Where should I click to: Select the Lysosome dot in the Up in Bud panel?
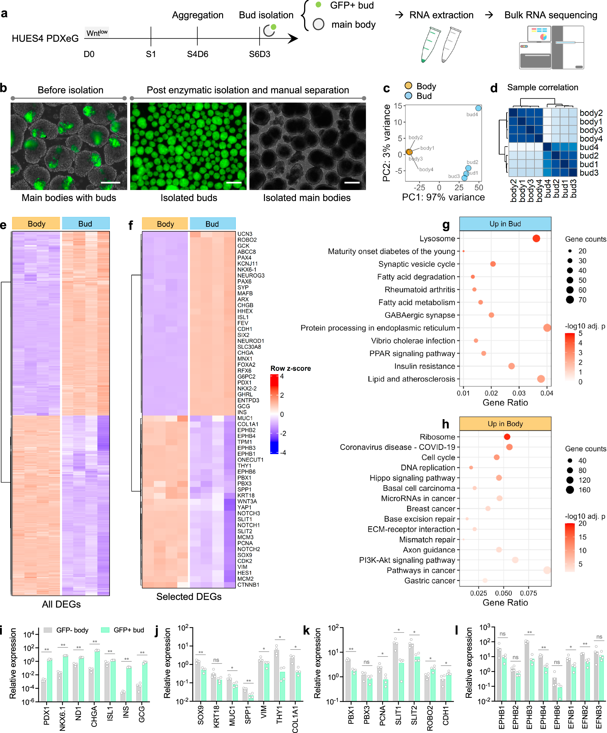(536, 238)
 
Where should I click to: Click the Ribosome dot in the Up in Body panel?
(507, 437)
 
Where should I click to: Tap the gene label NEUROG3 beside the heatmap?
(251, 275)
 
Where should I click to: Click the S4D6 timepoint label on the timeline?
(197, 54)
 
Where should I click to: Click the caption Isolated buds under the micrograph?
(188, 198)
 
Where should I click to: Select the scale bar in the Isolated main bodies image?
(351, 182)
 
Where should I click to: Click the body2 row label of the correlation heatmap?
(591, 113)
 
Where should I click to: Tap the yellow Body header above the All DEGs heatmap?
(36, 224)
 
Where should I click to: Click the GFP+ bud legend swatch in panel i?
(105, 630)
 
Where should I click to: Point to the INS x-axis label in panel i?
(126, 712)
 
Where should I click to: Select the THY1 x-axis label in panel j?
(279, 714)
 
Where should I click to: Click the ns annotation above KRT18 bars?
(216, 660)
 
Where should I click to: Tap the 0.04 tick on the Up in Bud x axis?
(547, 393)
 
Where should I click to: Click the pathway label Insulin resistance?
(425, 366)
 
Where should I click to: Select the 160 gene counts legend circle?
(570, 490)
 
